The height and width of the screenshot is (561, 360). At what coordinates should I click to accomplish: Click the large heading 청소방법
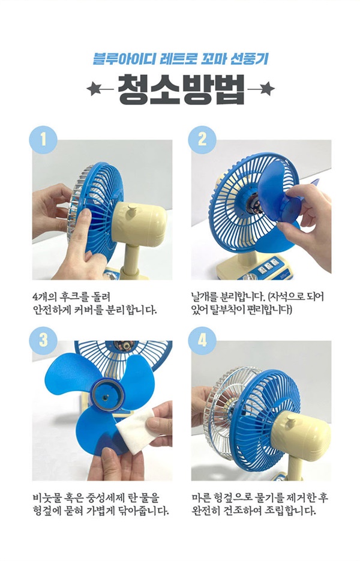[x=181, y=89]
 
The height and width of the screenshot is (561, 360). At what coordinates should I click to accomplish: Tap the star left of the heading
[x=94, y=89]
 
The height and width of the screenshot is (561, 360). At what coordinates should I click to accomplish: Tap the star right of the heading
[x=267, y=89]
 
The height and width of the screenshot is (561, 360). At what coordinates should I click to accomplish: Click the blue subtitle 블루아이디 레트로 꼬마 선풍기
[x=181, y=59]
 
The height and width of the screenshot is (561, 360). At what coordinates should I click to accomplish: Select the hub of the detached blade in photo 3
[x=107, y=395]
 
